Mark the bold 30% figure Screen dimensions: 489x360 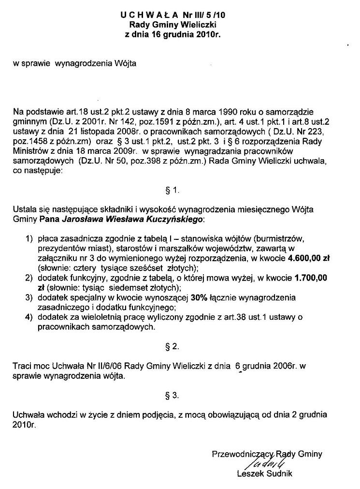pos(199,297)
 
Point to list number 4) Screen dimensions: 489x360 pos(29,317)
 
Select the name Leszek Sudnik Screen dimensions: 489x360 pos(264,474)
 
